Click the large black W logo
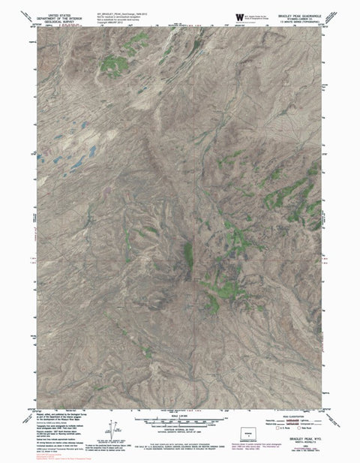pyautogui.click(x=239, y=16)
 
